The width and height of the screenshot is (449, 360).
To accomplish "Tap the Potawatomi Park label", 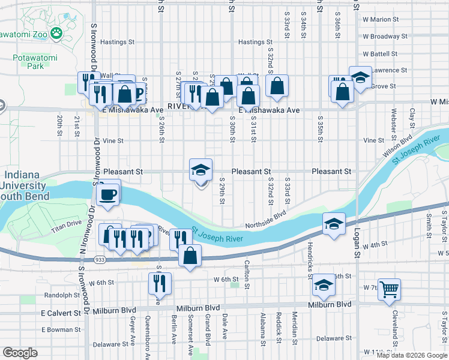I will coord(28,62).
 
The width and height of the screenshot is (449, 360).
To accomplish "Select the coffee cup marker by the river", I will coord(108,194).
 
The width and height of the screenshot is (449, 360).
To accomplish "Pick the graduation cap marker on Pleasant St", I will coord(201,170).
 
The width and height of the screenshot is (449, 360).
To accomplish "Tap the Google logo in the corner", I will coord(20,353).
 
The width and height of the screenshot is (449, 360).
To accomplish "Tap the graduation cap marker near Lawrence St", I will coord(360,77).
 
